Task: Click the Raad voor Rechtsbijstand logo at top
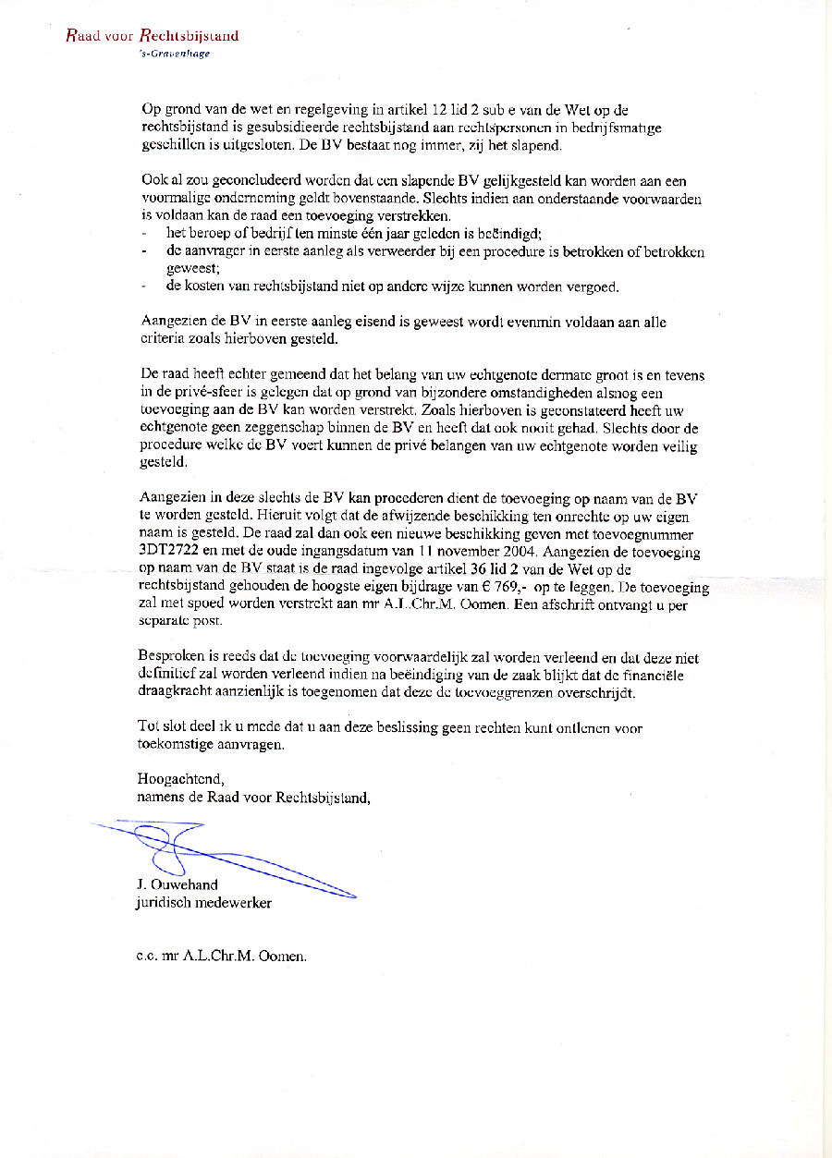tap(153, 37)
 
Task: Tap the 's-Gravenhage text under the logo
tap(174, 54)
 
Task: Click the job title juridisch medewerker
tap(203, 902)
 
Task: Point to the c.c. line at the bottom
tap(221, 957)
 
